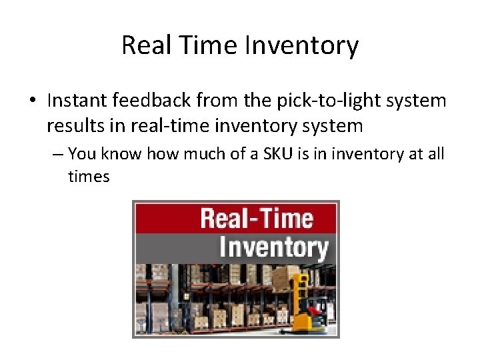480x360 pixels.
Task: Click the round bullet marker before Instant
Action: pyautogui.click(x=33, y=102)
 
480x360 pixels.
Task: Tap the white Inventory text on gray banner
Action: pyautogui.click(x=273, y=247)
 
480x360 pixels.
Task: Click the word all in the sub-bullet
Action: pyautogui.click(x=435, y=155)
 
